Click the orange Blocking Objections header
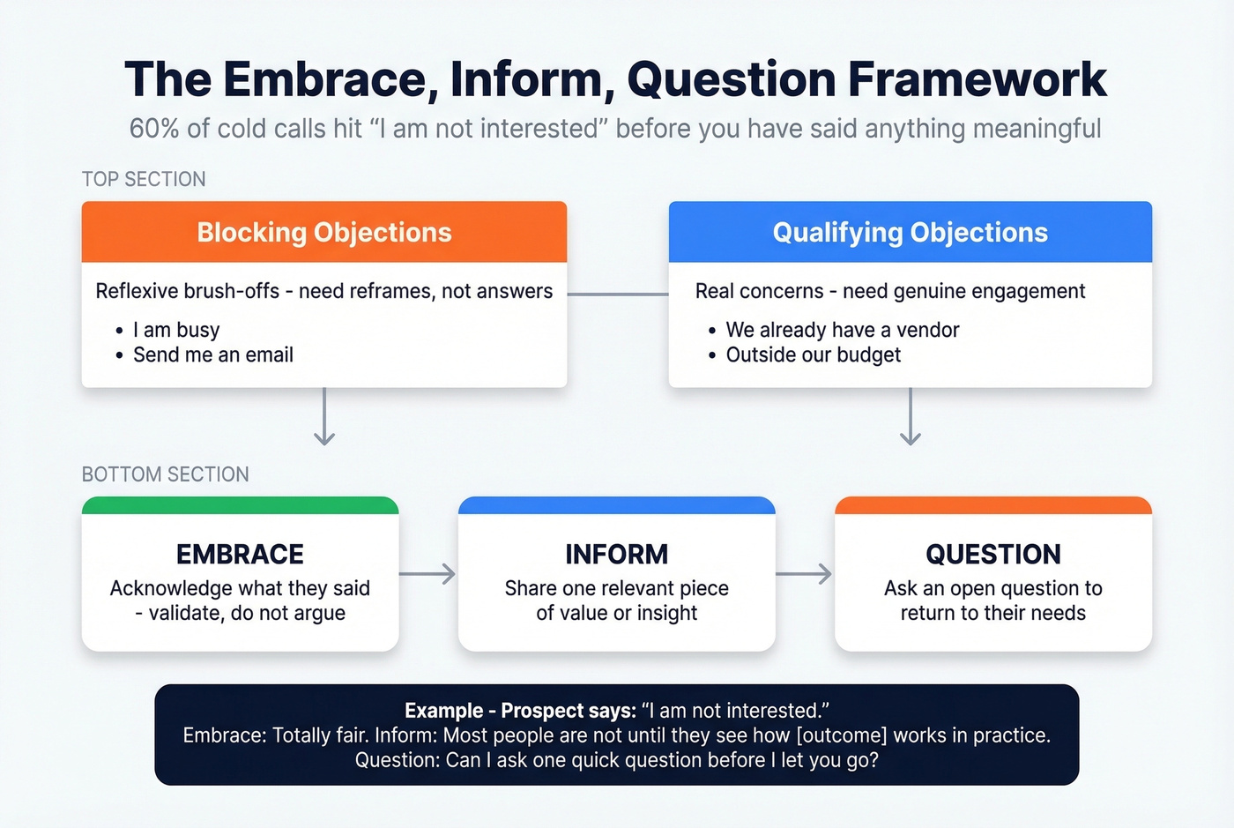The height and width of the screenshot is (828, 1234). coord(323,232)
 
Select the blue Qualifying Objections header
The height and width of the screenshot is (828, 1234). coord(910,232)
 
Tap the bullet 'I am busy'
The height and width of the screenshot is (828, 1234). coord(175,330)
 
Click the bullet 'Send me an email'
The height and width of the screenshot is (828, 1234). coord(212,354)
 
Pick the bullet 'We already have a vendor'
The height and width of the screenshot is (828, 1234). coord(842,330)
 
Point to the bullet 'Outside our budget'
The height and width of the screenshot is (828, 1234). coord(813,354)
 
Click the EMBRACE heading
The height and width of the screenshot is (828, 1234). coord(240,554)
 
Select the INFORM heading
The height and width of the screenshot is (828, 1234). coord(616,554)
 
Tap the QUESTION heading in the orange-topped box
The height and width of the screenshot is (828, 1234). coord(992,554)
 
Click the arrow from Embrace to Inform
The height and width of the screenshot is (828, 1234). coord(428,574)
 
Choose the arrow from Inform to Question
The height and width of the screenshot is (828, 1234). coord(805,574)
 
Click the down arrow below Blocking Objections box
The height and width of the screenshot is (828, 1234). coord(324,417)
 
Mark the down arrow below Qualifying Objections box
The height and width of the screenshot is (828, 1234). coord(910,417)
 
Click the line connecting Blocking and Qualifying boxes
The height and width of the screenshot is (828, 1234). coord(617,294)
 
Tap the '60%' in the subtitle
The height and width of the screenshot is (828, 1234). coord(154,129)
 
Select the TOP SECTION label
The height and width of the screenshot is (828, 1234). coord(144,179)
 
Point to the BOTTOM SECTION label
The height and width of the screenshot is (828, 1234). coord(165,474)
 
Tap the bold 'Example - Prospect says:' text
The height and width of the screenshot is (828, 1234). coord(520,711)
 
